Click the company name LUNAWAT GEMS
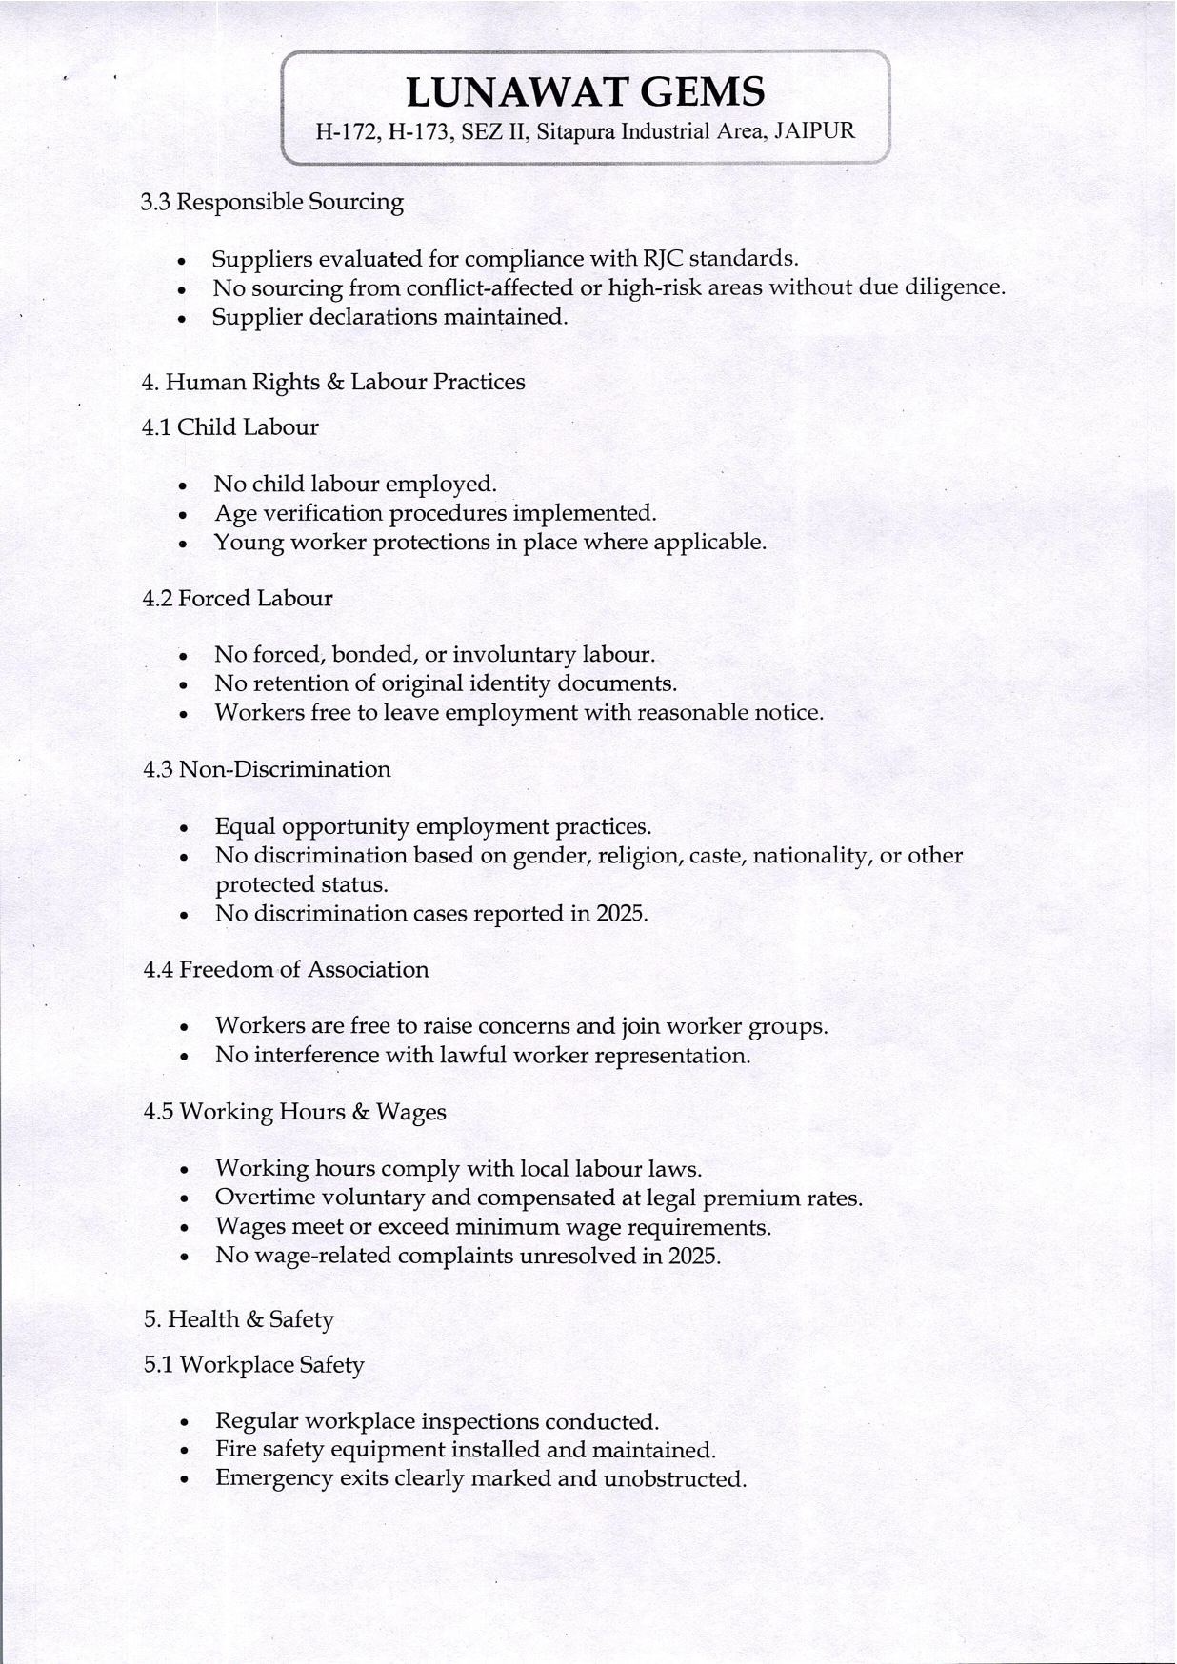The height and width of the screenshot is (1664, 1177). click(x=585, y=92)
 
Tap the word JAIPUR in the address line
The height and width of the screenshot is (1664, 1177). click(x=814, y=131)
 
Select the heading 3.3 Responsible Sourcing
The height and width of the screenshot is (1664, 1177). click(x=271, y=202)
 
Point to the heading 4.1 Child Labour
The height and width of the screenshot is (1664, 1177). click(x=229, y=427)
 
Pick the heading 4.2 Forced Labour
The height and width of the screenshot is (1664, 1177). click(x=237, y=599)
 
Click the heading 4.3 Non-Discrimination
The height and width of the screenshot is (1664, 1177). click(x=267, y=769)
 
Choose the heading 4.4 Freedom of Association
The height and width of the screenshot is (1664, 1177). click(x=286, y=970)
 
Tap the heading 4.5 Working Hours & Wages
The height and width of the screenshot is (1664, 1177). click(x=294, y=1112)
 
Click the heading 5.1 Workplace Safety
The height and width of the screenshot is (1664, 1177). click(x=253, y=1365)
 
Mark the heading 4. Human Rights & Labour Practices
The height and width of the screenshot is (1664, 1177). click(x=332, y=383)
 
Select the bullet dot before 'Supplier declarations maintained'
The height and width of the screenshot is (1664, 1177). click(x=181, y=319)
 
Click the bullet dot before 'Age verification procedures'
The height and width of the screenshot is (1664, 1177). click(x=183, y=515)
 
